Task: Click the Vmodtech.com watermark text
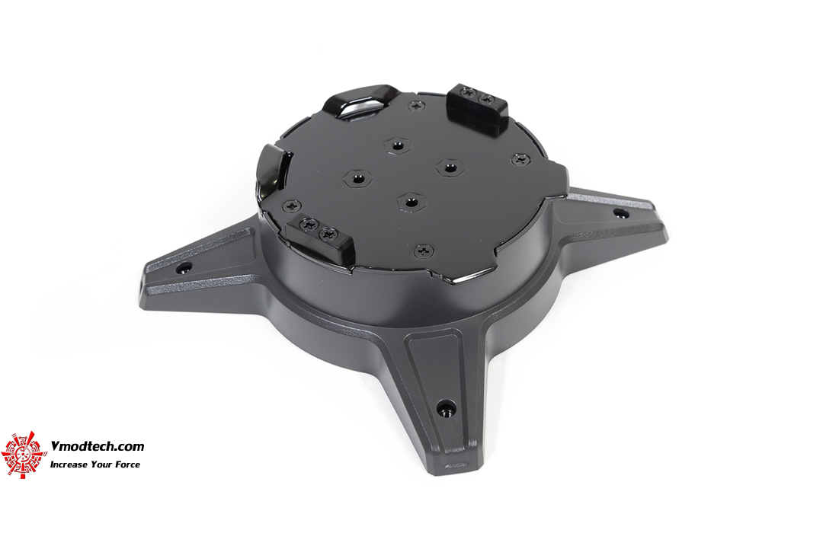coord(97,447)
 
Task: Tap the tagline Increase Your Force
coord(95,464)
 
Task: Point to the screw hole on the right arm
coord(620,213)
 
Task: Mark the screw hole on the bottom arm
coord(446,406)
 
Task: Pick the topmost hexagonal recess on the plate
coord(395,147)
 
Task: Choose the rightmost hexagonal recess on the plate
coord(448,168)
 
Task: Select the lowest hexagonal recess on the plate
coord(411,202)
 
